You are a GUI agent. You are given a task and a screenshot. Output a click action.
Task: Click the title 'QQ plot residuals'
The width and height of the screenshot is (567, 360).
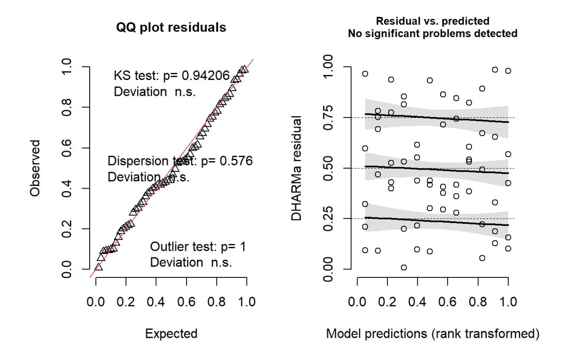tap(171, 28)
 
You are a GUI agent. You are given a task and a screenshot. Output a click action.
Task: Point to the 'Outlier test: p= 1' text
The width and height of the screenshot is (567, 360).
tap(198, 246)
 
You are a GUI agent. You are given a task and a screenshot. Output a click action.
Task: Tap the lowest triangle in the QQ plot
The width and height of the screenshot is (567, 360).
tap(99, 267)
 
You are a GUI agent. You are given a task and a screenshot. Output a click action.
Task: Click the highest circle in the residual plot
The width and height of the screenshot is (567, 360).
tap(495, 70)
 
